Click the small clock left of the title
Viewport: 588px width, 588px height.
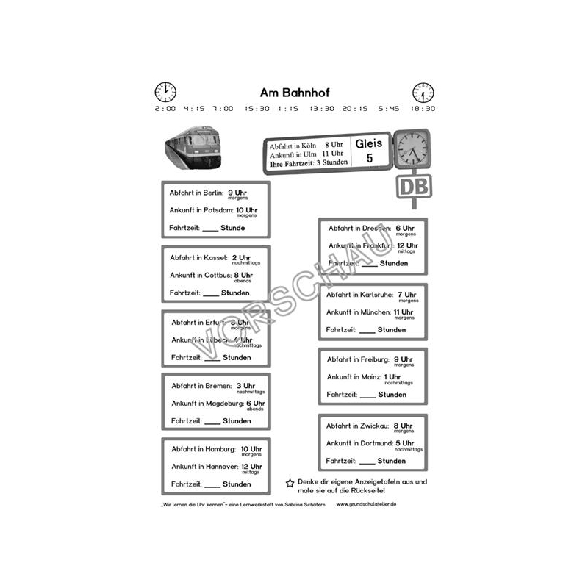coord(165,93)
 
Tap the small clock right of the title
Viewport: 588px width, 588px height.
coord(423,93)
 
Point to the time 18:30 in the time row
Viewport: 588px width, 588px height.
coord(423,108)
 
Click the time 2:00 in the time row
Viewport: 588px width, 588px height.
coord(165,108)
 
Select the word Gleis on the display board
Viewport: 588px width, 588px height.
coord(369,143)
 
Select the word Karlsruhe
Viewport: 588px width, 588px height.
coord(373,295)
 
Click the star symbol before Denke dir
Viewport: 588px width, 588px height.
coord(290,483)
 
